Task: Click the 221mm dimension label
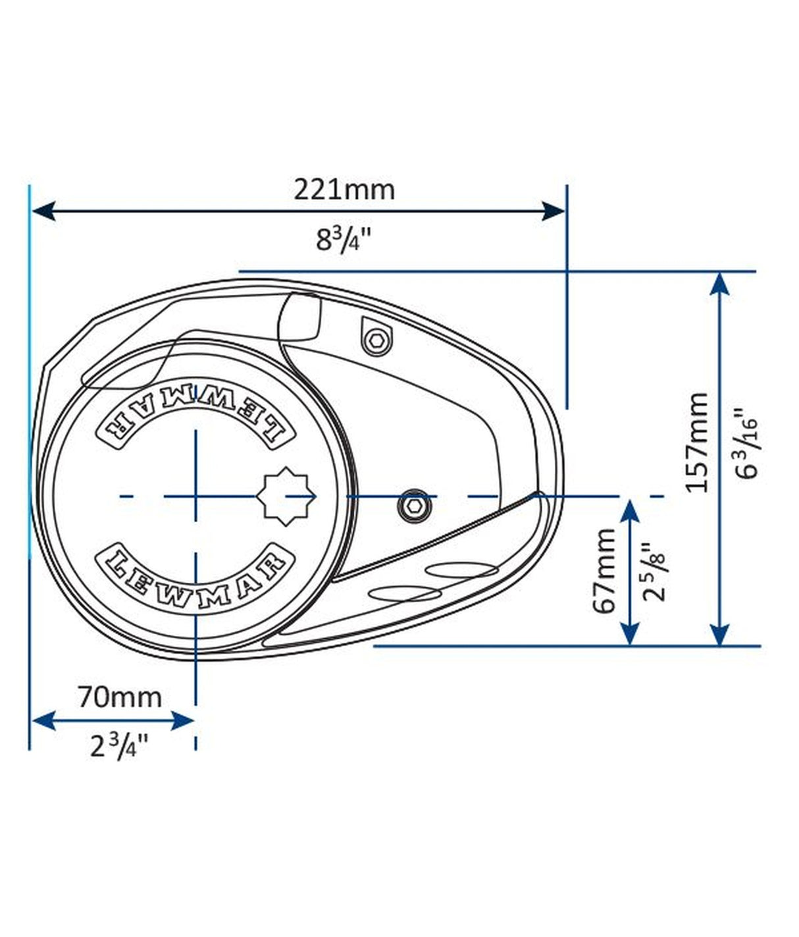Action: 344,190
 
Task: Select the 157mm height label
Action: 697,442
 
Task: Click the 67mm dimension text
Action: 604,570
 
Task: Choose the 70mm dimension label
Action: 119,696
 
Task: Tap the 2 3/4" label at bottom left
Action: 119,745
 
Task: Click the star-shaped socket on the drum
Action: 289,496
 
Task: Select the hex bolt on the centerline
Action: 413,505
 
